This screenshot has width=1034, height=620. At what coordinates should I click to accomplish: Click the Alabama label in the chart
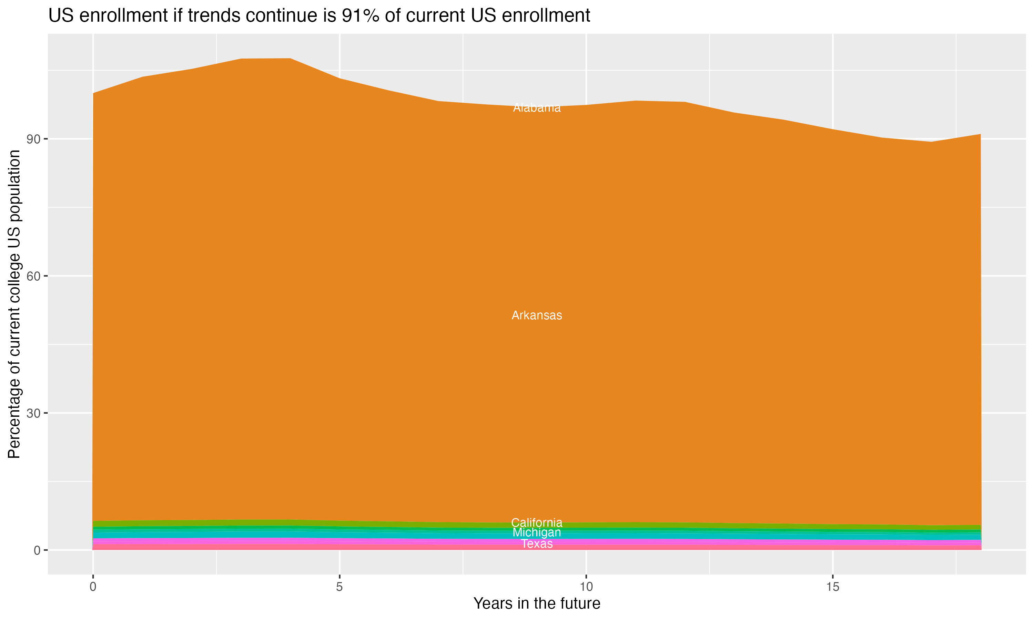tap(537, 108)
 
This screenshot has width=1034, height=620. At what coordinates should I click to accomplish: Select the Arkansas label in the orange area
tap(537, 316)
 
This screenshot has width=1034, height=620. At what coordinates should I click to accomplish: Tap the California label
tap(537, 522)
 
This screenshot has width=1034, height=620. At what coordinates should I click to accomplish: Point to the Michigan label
tap(537, 533)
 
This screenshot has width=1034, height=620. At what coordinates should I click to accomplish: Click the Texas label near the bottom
tap(537, 544)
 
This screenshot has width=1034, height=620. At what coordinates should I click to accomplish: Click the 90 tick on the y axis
tap(33, 139)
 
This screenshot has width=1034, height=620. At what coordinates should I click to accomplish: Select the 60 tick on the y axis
tap(33, 276)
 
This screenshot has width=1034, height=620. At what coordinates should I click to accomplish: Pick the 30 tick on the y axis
tap(33, 413)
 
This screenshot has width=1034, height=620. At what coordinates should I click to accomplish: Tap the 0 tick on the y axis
tap(37, 550)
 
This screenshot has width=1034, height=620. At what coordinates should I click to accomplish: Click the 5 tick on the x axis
tap(339, 587)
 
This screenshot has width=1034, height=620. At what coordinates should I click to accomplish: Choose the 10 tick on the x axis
tap(586, 587)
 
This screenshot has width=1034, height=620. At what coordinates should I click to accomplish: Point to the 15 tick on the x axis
tap(833, 587)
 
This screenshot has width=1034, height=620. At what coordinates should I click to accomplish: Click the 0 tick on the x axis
tap(93, 587)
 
